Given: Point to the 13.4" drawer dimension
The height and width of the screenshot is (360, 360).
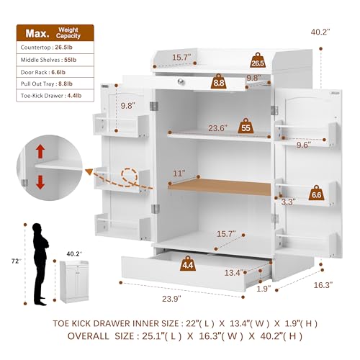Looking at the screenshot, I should (232, 273).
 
